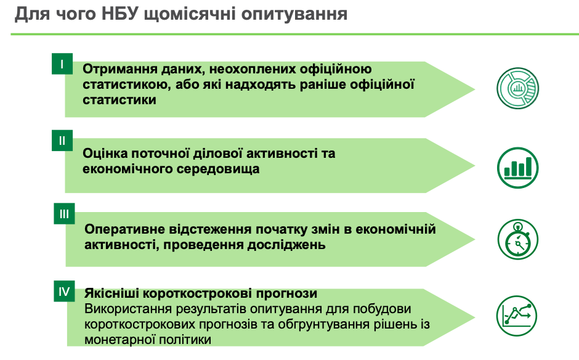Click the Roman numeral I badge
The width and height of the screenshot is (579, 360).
(62, 64)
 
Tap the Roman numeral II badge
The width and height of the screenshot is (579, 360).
(62, 141)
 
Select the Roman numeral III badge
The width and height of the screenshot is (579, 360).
(64, 214)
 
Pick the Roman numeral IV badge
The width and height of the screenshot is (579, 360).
(64, 291)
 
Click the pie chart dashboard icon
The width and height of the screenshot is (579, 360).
(517, 88)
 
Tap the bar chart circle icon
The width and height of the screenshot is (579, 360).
(517, 168)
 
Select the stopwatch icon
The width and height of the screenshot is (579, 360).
(517, 239)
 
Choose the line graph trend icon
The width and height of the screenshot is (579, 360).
(517, 316)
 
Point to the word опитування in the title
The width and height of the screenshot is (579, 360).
(294, 15)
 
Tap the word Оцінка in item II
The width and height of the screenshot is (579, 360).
(105, 153)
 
